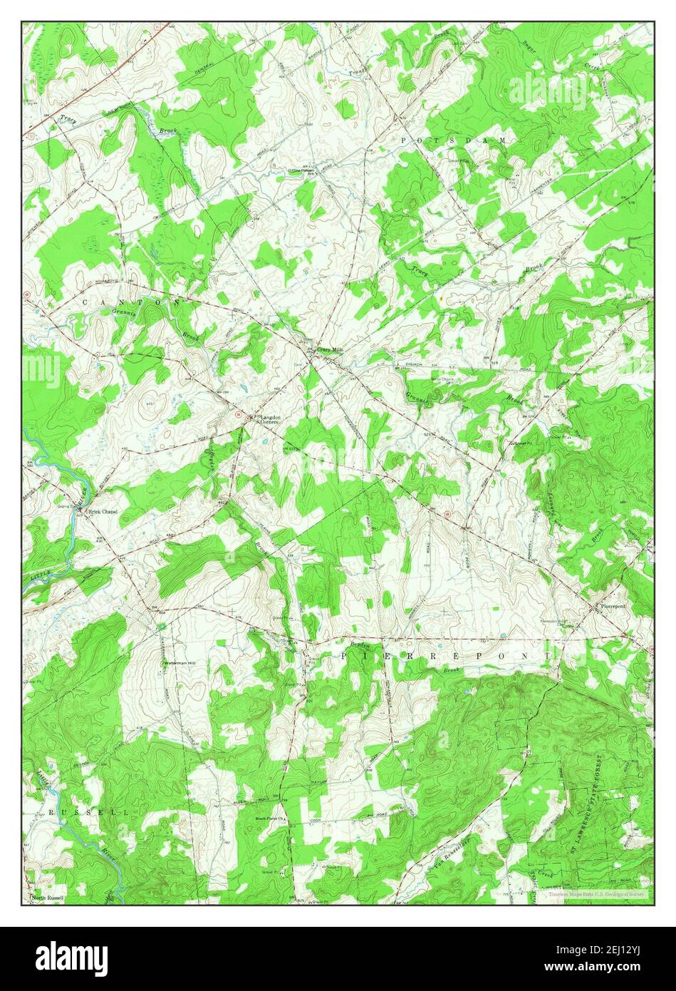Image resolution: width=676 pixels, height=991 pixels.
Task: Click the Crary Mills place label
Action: (x=331, y=349)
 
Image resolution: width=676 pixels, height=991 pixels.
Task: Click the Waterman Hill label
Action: (x=180, y=663)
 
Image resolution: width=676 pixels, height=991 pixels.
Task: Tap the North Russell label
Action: (x=48, y=898)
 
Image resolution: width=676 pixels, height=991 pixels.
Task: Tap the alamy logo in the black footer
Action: (x=71, y=957)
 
